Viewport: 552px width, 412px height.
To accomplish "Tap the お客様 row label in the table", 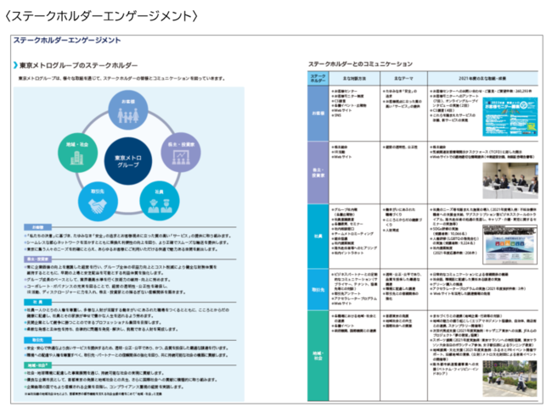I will click(x=318, y=111).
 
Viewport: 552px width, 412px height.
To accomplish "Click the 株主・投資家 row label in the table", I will click(x=318, y=169).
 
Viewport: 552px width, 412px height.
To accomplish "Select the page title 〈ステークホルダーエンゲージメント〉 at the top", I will click(x=101, y=15).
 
